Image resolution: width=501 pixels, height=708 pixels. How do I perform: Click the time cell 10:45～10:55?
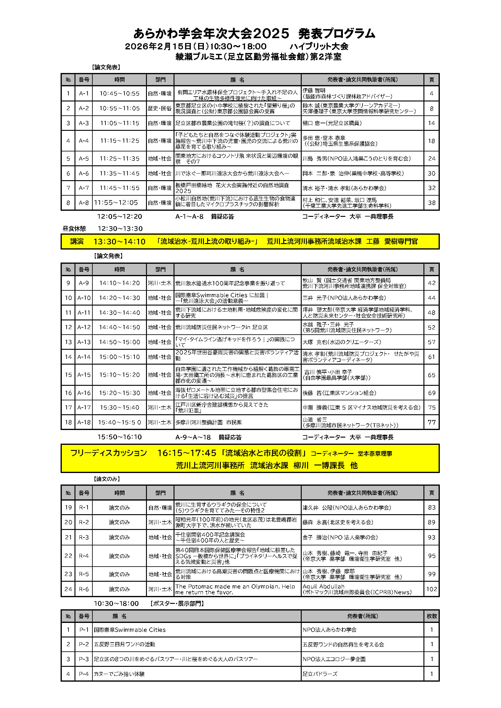click(119, 94)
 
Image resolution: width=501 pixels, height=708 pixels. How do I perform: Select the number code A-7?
click(84, 188)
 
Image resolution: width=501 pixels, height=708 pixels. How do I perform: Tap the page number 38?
click(432, 203)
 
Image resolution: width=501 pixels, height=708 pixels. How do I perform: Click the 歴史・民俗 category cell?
click(160, 108)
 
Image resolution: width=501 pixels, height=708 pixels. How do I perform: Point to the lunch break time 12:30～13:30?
click(120, 229)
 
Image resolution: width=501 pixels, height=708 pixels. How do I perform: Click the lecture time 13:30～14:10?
click(119, 241)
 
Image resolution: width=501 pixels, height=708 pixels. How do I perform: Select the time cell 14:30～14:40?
click(119, 313)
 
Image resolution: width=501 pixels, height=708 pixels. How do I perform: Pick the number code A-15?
click(84, 375)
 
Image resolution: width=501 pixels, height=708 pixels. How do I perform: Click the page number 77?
click(432, 422)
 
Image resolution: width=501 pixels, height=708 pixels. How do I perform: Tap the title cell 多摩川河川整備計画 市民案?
click(208, 422)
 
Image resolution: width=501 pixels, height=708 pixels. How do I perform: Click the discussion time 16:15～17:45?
click(187, 453)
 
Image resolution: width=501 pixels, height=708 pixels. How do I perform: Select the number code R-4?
click(84, 556)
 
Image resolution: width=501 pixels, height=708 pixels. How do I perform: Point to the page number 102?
click(432, 589)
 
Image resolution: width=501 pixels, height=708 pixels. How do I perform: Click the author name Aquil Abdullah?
click(323, 586)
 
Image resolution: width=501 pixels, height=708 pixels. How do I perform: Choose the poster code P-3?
click(84, 659)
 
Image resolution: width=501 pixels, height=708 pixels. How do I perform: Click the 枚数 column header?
click(432, 616)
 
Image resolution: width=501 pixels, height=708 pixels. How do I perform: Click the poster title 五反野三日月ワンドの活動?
click(124, 644)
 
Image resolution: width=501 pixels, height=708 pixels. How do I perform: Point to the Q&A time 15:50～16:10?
click(119, 437)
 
